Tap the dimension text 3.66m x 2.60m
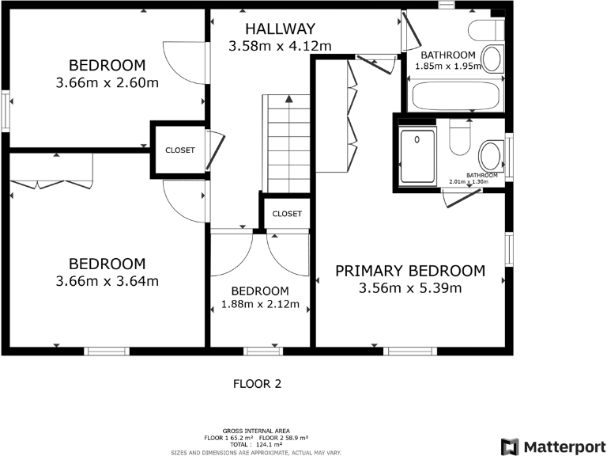tap(107, 82)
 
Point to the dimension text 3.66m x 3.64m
tap(107, 281)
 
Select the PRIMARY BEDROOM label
tap(409, 271)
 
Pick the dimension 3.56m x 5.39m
tap(409, 288)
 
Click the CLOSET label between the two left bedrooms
tap(179, 150)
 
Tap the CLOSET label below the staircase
tap(287, 214)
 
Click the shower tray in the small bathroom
tap(417, 155)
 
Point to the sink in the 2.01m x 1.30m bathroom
tap(491, 153)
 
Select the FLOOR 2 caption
tap(257, 384)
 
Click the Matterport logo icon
tap(510, 446)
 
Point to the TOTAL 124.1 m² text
tap(255, 445)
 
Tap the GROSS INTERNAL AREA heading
tap(255, 432)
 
